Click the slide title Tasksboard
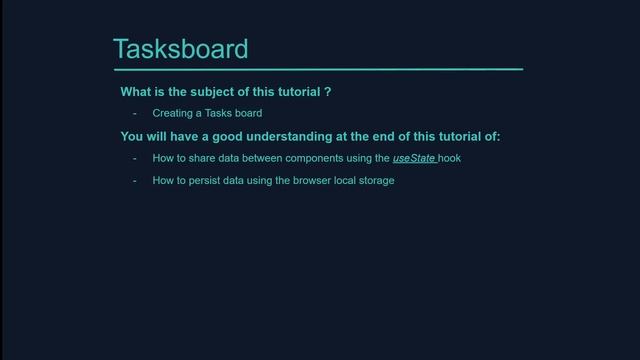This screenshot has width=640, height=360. click(180, 49)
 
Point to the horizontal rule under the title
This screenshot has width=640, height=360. click(318, 69)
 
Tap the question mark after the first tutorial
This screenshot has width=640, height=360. click(327, 92)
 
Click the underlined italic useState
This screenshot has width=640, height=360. click(413, 159)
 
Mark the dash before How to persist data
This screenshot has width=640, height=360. click(135, 181)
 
